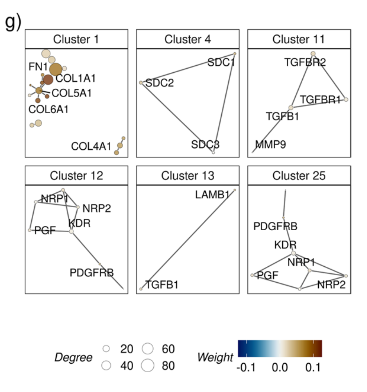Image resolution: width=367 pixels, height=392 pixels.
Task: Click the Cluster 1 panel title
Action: tap(76, 39)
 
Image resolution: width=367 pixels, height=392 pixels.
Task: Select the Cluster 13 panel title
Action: tap(188, 176)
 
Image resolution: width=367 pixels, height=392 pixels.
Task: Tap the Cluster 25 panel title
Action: tap(299, 176)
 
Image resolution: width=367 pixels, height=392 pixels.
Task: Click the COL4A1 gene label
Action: tap(91, 146)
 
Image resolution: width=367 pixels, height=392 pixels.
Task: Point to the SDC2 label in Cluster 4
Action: tap(159, 83)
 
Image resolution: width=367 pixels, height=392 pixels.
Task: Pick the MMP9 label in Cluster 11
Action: tap(270, 144)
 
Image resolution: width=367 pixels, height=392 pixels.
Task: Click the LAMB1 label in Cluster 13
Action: tap(212, 195)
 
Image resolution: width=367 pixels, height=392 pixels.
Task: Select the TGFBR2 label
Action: tap(305, 63)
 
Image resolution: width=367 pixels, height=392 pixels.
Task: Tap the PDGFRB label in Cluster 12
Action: tap(91, 273)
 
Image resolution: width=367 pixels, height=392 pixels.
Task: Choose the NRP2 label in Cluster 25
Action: tap(331, 285)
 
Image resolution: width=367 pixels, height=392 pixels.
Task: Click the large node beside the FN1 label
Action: tap(56, 69)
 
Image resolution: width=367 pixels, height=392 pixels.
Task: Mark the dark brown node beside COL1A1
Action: tap(48, 79)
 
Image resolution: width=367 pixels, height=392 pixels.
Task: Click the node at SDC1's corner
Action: tap(235, 54)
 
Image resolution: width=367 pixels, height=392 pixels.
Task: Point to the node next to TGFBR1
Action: tap(346, 99)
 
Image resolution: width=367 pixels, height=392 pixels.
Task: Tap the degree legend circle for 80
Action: tap(147, 366)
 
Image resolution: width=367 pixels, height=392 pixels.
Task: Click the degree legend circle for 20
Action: tap(106, 349)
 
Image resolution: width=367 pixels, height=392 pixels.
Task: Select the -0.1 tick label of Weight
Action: tap(246, 368)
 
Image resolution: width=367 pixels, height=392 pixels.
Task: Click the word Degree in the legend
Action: tap(73, 357)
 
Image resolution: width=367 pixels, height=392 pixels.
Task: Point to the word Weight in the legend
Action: tap(215, 357)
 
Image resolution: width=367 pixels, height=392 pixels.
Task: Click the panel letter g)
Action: tap(13, 22)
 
